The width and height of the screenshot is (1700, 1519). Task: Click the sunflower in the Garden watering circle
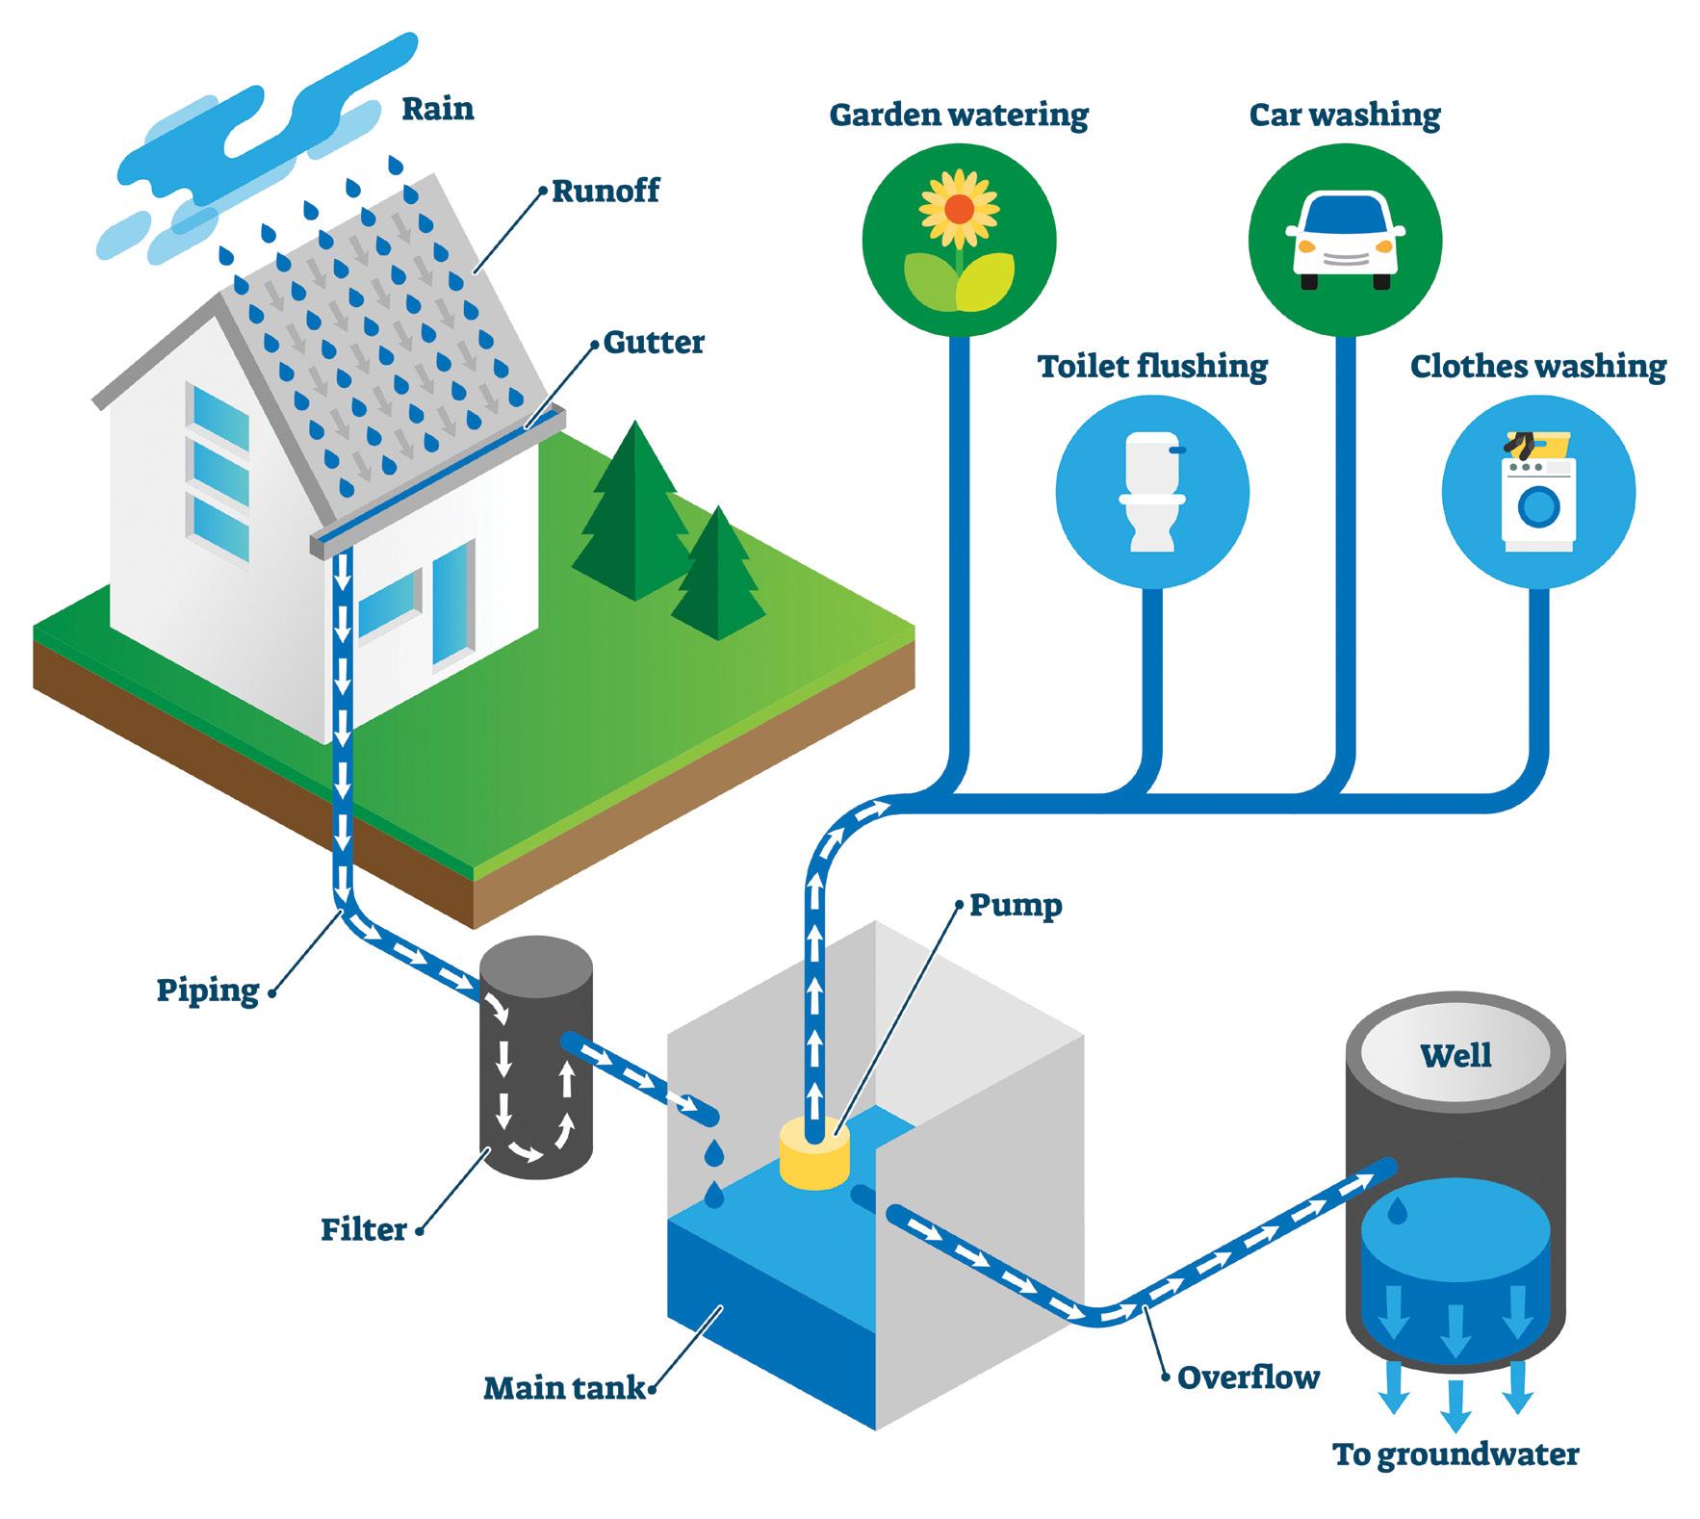pyautogui.click(x=958, y=210)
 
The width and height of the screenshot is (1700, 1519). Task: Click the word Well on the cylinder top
pyautogui.click(x=1455, y=1055)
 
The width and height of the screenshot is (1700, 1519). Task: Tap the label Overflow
pyautogui.click(x=1248, y=1377)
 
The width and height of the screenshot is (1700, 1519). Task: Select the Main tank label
pyautogui.click(x=564, y=1387)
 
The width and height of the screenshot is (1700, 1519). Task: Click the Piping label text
pyautogui.click(x=208, y=990)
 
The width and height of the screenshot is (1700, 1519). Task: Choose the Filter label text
pyautogui.click(x=364, y=1229)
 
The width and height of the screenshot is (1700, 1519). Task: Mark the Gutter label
pyautogui.click(x=654, y=342)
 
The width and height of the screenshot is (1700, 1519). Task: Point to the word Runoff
pyautogui.click(x=605, y=191)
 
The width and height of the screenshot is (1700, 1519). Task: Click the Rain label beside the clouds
pyautogui.click(x=438, y=108)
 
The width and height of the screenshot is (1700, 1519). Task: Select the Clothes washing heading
pyautogui.click(x=1537, y=367)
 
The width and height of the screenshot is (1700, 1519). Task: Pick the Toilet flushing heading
pyautogui.click(x=1152, y=367)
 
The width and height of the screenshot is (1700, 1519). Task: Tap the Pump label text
pyautogui.click(x=1016, y=905)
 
